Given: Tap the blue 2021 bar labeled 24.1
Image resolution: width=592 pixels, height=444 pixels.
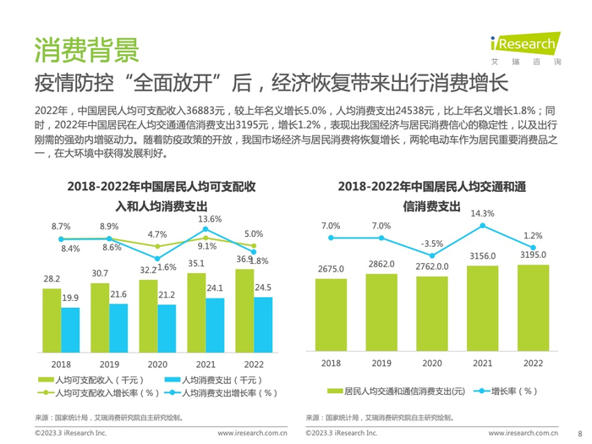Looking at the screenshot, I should click(215, 325).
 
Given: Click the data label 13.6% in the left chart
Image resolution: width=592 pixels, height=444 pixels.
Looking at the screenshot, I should click(209, 220).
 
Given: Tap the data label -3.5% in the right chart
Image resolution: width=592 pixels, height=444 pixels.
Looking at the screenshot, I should click(431, 244).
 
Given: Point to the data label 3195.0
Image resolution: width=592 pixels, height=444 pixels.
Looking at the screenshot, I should click(533, 255).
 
